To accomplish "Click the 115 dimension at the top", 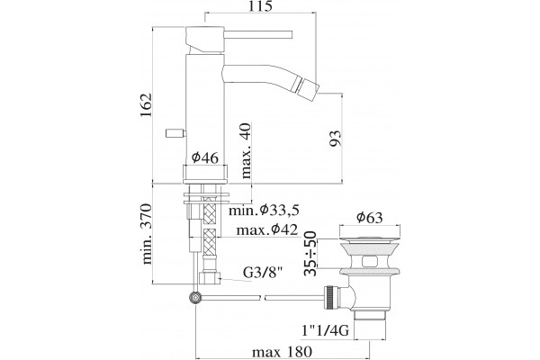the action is point(260,6).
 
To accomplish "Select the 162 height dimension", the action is point(147,104).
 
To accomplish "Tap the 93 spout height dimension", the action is point(336,138).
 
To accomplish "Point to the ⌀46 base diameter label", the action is point(205,158).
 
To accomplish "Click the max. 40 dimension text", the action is point(246,150).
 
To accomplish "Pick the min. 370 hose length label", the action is point(147,234).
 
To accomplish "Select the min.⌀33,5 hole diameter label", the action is point(264,210).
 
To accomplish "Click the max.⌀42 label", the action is point(267,229).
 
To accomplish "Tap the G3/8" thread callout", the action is point(263,273).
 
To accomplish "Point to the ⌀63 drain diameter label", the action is point(370,218).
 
